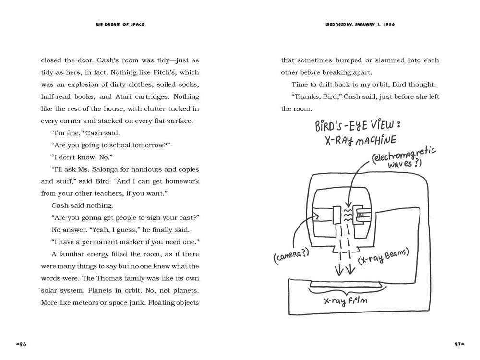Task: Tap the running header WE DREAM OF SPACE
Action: click(x=120, y=24)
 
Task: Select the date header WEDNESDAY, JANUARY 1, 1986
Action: click(x=360, y=24)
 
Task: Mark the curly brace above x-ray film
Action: click(x=345, y=289)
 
